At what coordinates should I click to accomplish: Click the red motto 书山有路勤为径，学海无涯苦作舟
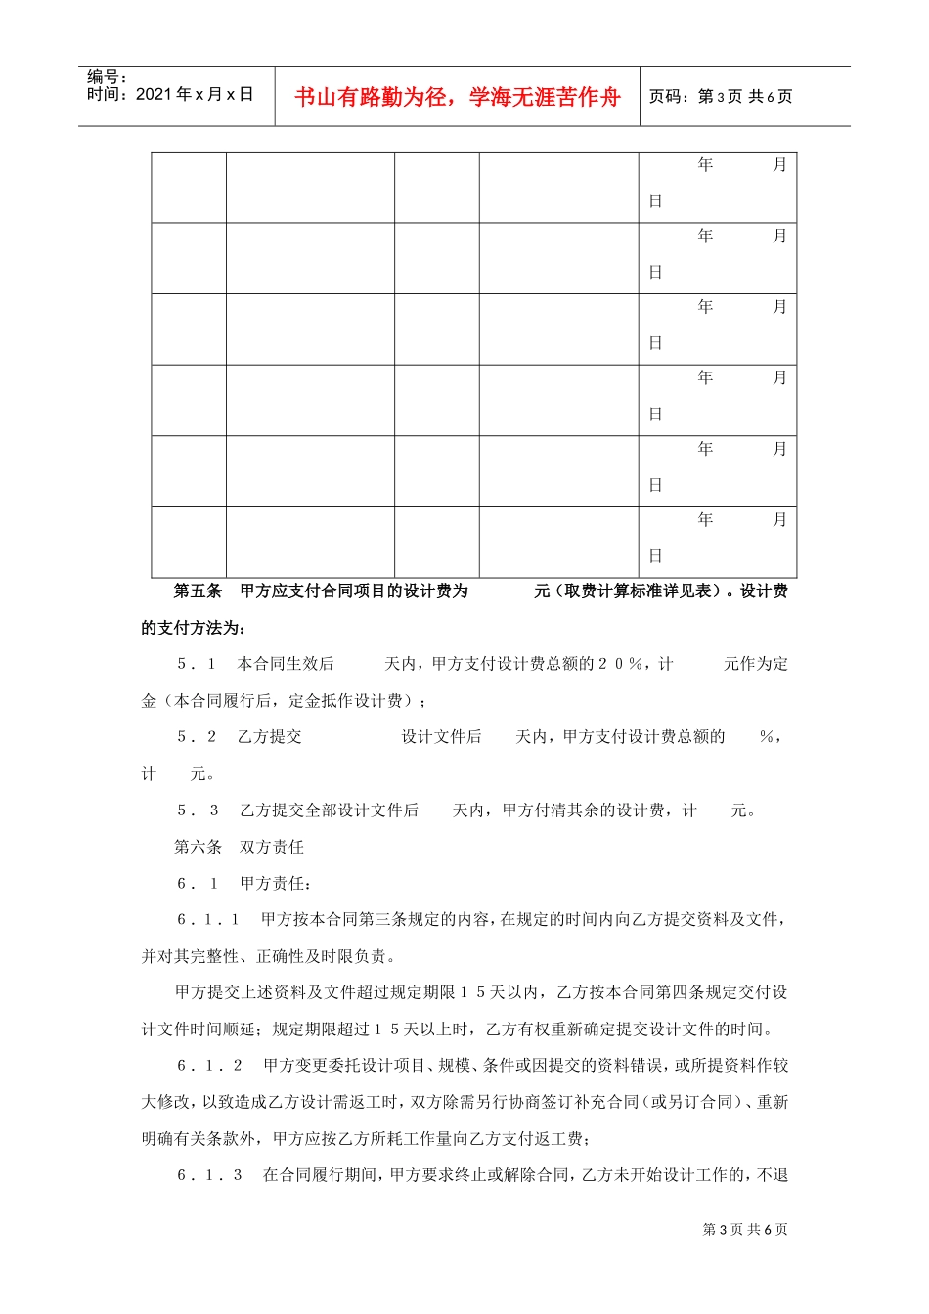[x=457, y=97]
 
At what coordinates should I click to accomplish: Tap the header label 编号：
[x=108, y=77]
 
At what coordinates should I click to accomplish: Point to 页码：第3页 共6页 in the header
[x=721, y=97]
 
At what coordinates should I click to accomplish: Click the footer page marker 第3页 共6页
[x=745, y=1230]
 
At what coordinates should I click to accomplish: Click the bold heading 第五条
[x=198, y=591]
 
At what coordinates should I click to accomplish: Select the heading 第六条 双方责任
[x=239, y=847]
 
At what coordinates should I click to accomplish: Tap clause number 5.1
[x=197, y=664]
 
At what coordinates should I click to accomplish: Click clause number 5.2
[x=197, y=737]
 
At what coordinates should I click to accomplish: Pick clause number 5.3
[x=198, y=810]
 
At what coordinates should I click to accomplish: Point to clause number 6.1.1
[x=208, y=920]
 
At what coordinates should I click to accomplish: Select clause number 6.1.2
[x=209, y=1066]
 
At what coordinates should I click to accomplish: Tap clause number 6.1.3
[x=209, y=1175]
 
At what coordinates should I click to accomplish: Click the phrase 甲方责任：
[x=276, y=884]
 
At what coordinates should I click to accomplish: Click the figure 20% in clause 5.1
[x=622, y=664]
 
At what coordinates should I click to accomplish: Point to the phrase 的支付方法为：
[x=194, y=628]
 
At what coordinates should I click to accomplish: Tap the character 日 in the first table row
[x=655, y=201]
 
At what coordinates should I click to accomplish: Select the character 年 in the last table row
[x=705, y=520]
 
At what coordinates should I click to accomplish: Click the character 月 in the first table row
[x=779, y=165]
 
